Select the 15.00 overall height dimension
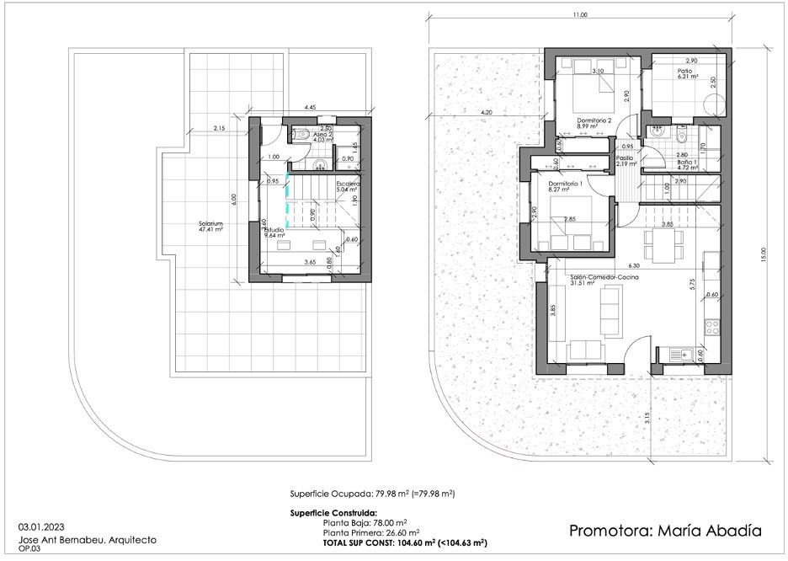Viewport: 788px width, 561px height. tap(764, 253)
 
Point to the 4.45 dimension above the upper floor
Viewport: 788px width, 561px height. tap(310, 109)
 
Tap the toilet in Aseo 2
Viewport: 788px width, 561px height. tap(304, 133)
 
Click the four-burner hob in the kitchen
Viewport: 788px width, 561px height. tap(712, 324)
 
